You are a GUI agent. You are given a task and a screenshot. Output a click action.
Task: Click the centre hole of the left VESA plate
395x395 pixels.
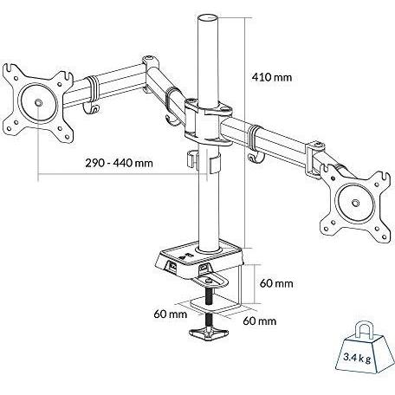[39, 103]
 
